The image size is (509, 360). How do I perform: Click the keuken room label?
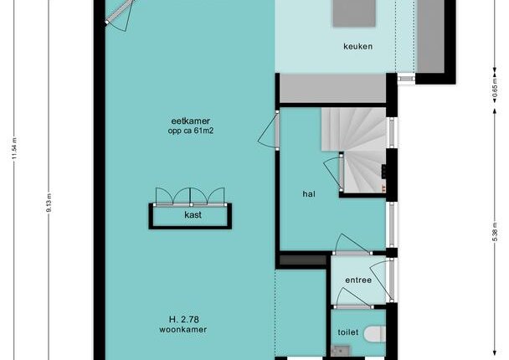pyautogui.click(x=357, y=46)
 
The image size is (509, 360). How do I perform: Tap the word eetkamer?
pyautogui.click(x=191, y=121)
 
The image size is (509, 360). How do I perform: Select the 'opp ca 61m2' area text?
pyautogui.click(x=191, y=131)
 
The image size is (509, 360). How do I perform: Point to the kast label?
pyautogui.click(x=193, y=215)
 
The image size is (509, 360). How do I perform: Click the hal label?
pyautogui.click(x=309, y=194)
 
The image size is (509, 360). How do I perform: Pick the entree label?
pyautogui.click(x=358, y=280)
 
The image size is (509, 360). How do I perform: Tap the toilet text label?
pyautogui.click(x=348, y=332)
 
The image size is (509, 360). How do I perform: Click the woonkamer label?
pyautogui.click(x=183, y=330)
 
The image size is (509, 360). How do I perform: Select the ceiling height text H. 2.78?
pyautogui.click(x=183, y=320)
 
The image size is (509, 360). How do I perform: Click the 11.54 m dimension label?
pyautogui.click(x=14, y=149)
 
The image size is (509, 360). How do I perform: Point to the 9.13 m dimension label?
pyautogui.click(x=49, y=203)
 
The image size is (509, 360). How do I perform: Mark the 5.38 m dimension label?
pyautogui.click(x=495, y=232)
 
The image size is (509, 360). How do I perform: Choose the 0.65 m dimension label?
pyautogui.click(x=495, y=88)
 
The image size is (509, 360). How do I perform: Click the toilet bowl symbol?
pyautogui.click(x=374, y=334)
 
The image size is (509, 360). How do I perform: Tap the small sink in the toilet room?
pyautogui.click(x=341, y=351)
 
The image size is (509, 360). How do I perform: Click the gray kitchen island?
pyautogui.click(x=354, y=13)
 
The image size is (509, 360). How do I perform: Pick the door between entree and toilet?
pyautogui.click(x=352, y=299)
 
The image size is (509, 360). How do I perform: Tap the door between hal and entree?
pyautogui.click(x=352, y=245)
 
